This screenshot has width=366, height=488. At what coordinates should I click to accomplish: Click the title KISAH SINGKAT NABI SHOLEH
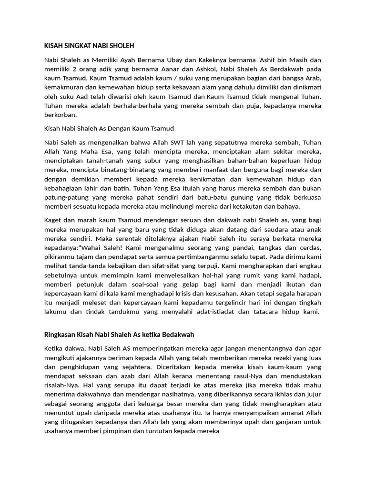point(89,46)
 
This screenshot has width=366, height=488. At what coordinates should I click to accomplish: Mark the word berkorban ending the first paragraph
point(60,115)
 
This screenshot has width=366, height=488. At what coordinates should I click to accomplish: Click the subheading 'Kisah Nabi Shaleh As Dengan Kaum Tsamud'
point(109,129)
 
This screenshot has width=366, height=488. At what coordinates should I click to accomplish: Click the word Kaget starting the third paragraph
point(52,220)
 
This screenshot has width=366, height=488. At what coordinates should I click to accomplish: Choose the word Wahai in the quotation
point(92,248)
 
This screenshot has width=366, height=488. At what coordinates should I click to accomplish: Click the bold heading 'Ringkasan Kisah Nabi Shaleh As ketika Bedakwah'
point(119,335)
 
